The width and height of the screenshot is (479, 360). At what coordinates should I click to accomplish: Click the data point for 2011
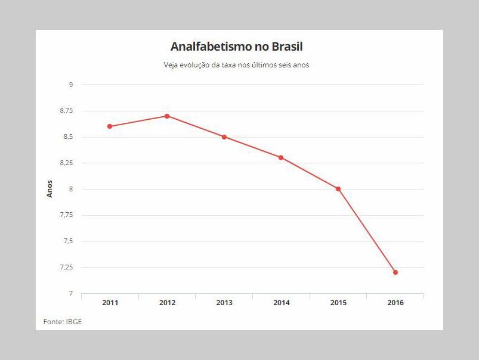tap(110, 126)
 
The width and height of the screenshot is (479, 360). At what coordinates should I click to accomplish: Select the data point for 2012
tap(167, 116)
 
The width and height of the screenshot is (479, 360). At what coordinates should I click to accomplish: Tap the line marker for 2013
tap(224, 137)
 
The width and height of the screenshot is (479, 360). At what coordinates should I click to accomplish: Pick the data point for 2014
tap(281, 157)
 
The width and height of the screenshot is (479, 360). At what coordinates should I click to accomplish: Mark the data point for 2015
tap(338, 189)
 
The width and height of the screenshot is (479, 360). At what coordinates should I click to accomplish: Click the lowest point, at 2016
tap(395, 272)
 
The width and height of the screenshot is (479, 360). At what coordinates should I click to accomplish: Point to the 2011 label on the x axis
tap(110, 303)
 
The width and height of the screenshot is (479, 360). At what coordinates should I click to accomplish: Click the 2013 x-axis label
tap(224, 303)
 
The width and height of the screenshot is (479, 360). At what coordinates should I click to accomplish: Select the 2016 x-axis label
tap(395, 303)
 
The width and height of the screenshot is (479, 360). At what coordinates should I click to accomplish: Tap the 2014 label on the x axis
tap(281, 303)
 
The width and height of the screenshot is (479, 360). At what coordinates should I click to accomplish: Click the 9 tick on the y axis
tap(70, 85)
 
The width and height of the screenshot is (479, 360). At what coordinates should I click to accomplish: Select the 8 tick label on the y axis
tap(70, 189)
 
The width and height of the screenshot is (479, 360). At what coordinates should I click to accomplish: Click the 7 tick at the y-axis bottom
tap(70, 294)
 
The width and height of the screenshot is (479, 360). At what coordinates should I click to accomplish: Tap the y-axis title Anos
tap(50, 189)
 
